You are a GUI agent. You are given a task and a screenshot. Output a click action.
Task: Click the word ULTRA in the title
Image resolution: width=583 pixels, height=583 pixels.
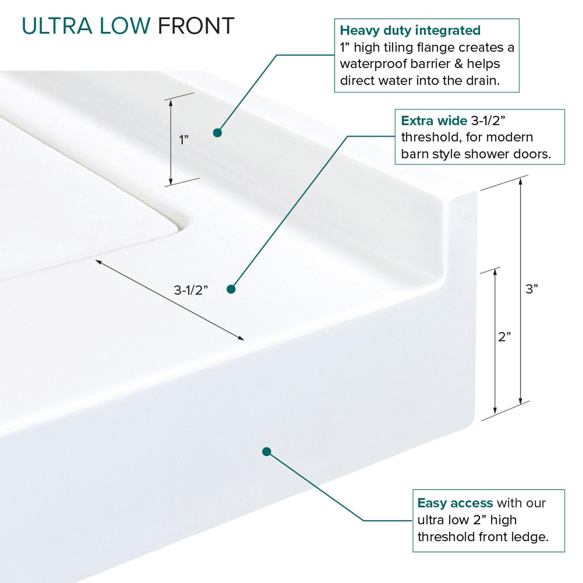[57, 26]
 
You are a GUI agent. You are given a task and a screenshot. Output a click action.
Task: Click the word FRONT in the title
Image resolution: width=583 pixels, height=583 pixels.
[196, 26]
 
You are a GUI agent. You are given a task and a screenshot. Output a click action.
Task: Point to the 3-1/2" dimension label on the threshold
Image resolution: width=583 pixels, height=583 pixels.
[191, 290]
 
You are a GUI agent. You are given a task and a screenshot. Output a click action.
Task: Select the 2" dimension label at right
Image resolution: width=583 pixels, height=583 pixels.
[504, 337]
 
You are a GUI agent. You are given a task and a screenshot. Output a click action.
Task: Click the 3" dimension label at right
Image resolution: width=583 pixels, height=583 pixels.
[532, 289]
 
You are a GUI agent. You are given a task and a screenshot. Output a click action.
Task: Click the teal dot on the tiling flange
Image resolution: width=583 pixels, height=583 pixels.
[217, 133]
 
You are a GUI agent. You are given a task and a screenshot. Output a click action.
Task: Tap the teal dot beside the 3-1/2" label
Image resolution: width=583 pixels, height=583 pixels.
[231, 289]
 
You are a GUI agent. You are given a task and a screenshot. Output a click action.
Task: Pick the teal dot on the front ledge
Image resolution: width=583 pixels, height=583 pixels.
[266, 452]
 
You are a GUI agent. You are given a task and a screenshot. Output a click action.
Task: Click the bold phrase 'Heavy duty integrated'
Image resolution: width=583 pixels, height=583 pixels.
[410, 31]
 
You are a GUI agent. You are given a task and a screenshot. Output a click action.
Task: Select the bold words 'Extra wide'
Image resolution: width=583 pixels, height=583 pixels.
[434, 121]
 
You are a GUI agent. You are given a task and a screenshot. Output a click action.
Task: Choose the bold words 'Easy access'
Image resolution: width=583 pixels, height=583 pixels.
[455, 503]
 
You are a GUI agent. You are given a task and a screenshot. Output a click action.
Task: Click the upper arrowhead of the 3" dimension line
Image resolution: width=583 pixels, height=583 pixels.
[520, 181]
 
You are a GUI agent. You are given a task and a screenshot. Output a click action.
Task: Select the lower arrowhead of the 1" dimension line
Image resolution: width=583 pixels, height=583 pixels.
[171, 182]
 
